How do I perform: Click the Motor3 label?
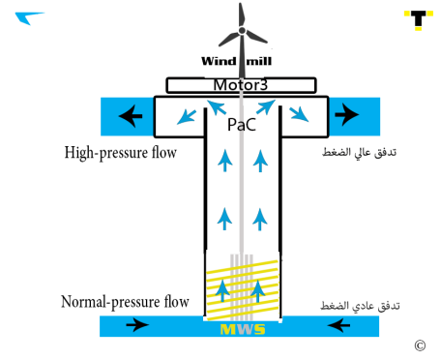pyautogui.click(x=241, y=85)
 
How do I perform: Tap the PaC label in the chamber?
pyautogui.click(x=242, y=125)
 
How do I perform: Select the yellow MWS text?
pyautogui.click(x=243, y=329)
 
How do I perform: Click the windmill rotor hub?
pyautogui.click(x=242, y=31)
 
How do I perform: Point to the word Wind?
pyautogui.click(x=219, y=61)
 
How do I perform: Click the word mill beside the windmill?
pyautogui.click(x=259, y=61)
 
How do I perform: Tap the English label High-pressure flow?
pyautogui.click(x=121, y=153)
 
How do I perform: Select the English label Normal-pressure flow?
pyautogui.click(x=125, y=302)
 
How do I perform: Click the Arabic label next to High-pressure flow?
pyautogui.click(x=360, y=152)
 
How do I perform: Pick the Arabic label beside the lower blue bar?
pyautogui.click(x=360, y=306)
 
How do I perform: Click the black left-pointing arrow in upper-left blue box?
pyautogui.click(x=131, y=116)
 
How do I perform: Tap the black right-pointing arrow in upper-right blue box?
pyautogui.click(x=347, y=114)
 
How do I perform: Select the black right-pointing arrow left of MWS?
pyautogui.click(x=137, y=324)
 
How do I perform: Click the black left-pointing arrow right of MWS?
pyautogui.click(x=338, y=325)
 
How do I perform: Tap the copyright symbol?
pyautogui.click(x=420, y=345)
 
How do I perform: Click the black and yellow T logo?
pyautogui.click(x=419, y=19)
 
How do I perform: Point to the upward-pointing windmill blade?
pyautogui.click(x=241, y=15)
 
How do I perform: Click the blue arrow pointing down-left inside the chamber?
pyautogui.click(x=187, y=117)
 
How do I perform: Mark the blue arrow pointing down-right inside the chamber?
pyautogui.click(x=299, y=114)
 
